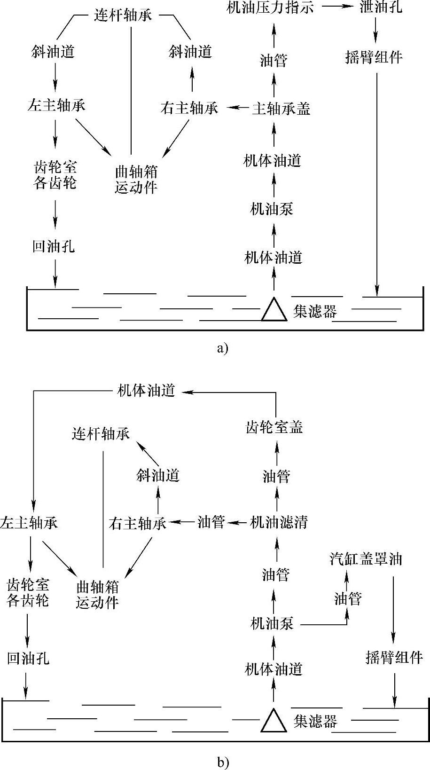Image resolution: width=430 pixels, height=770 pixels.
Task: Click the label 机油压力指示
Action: [270, 8]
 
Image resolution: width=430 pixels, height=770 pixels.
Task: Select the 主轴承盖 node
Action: [281, 109]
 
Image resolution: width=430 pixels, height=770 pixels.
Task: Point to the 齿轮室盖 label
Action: [275, 427]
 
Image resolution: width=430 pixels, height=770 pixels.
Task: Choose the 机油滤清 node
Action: [279, 522]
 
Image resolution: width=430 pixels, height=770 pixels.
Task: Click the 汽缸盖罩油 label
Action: [366, 559]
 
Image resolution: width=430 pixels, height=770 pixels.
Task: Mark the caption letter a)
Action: [223, 348]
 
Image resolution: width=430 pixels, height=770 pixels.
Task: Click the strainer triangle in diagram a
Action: [274, 310]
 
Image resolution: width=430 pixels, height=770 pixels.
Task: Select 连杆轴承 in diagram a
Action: [123, 16]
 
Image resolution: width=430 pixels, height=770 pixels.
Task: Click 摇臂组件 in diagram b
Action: [394, 658]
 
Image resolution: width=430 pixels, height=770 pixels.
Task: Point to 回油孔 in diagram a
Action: [54, 247]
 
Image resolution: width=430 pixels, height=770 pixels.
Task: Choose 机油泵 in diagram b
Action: [273, 624]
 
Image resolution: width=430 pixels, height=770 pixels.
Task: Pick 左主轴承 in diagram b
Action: [29, 523]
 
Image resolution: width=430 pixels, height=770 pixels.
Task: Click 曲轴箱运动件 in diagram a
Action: [136, 180]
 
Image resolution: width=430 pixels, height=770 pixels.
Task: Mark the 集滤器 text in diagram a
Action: [315, 311]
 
